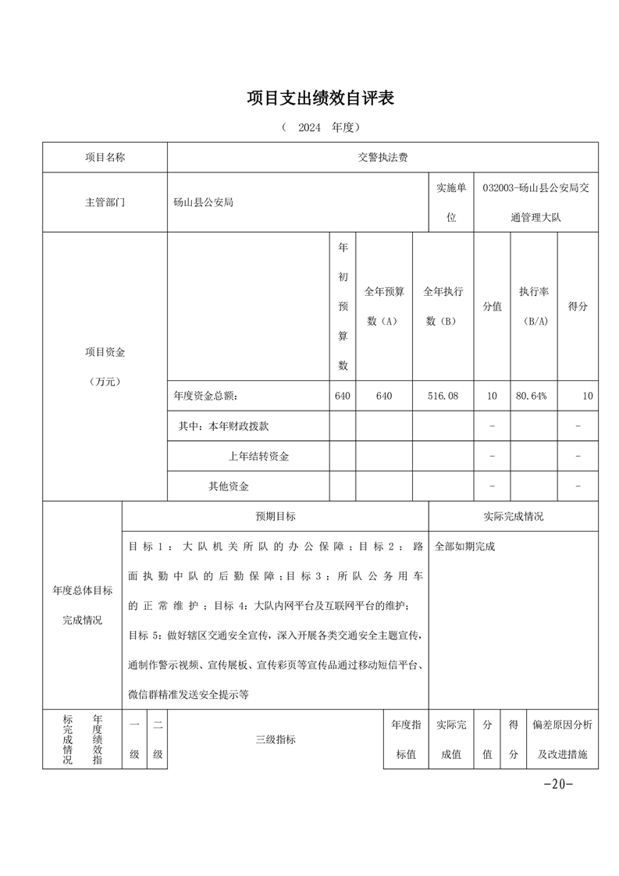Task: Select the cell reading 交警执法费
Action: point(382,157)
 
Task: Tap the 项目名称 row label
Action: point(105,157)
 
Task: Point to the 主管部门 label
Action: point(105,202)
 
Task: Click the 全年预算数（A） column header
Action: point(383,306)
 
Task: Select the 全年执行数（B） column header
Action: point(443,306)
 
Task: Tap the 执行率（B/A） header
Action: point(534,306)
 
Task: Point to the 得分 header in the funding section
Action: point(578,307)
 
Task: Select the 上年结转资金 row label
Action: point(258,456)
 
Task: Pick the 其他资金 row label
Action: point(228,486)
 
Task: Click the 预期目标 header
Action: point(275,516)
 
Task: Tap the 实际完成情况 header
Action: point(514,516)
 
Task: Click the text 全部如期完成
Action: point(464,547)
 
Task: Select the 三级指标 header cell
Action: point(275,739)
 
